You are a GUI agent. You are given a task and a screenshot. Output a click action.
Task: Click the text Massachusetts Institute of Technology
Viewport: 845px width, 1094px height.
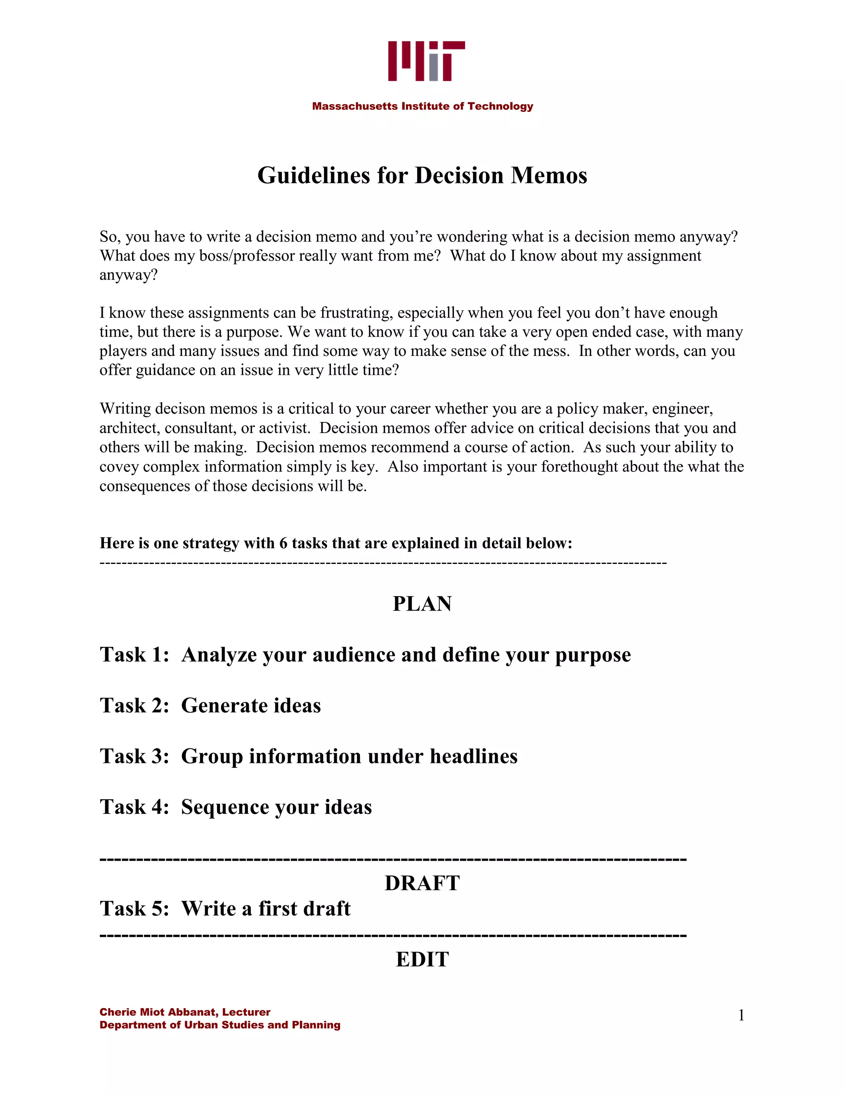422,106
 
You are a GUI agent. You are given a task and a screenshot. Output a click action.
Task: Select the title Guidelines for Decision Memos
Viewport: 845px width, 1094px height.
422,176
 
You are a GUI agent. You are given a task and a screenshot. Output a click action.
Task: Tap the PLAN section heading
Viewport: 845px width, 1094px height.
422,604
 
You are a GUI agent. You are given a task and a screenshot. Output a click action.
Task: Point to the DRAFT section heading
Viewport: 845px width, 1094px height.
422,883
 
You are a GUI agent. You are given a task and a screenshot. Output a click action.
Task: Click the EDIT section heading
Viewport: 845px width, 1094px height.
422,959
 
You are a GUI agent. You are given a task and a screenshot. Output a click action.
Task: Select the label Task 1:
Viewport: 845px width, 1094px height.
135,655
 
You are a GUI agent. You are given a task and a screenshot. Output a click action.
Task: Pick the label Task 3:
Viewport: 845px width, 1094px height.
135,756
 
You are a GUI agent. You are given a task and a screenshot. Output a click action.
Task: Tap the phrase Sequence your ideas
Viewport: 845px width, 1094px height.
276,807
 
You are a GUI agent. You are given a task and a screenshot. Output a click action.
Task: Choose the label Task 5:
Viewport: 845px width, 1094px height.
135,908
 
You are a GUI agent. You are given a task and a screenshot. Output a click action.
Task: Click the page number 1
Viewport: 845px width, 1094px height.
741,1016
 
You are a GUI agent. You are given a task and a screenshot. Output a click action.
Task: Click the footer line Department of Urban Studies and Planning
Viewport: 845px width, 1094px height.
220,1025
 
